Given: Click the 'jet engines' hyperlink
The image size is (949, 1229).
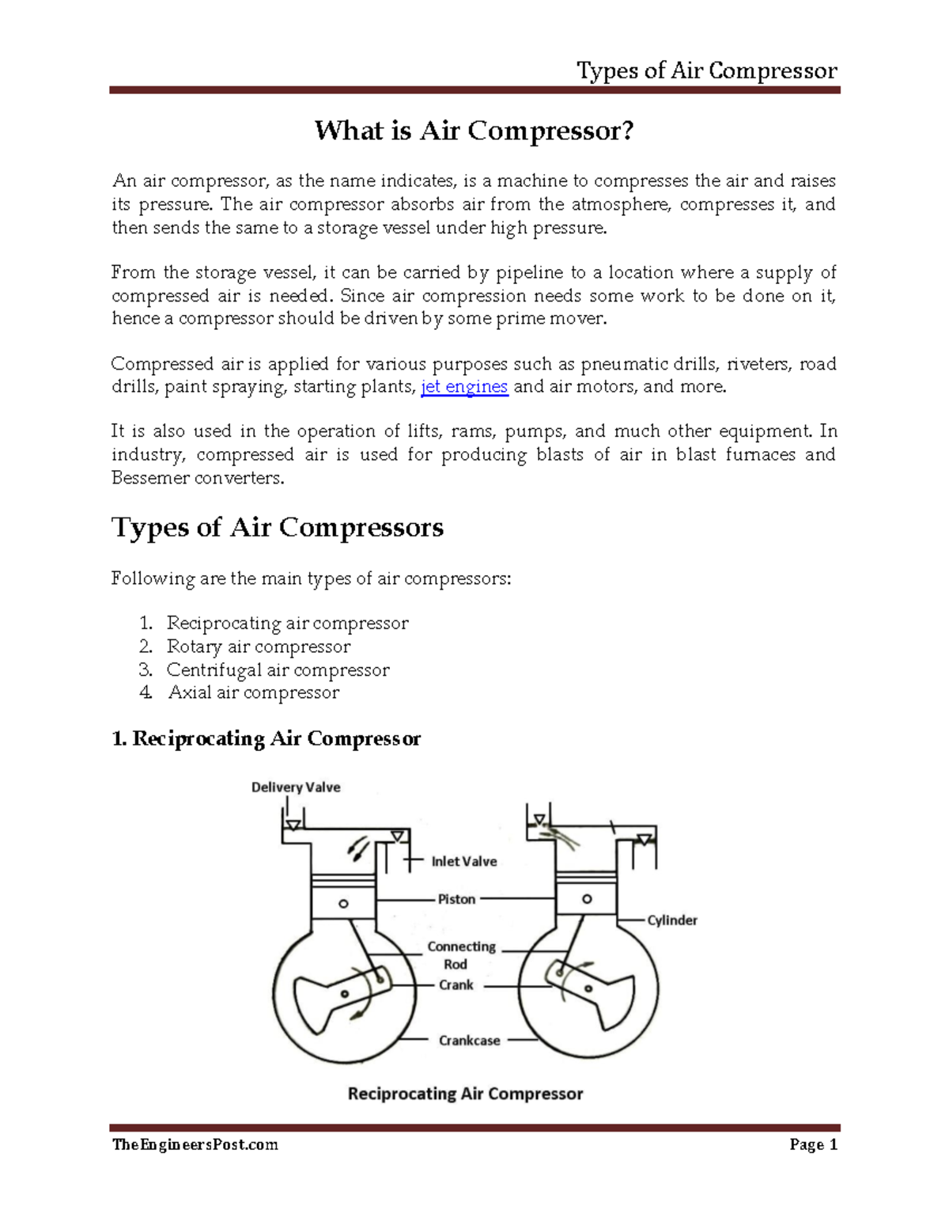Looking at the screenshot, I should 464,387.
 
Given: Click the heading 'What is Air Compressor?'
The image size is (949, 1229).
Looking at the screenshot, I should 474,131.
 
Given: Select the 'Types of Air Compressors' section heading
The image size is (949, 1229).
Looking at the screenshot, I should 277,527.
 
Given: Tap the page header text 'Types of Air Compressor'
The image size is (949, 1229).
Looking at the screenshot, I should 706,71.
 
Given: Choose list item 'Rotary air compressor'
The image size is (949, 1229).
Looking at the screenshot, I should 258,647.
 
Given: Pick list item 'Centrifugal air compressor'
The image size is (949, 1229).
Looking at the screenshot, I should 278,670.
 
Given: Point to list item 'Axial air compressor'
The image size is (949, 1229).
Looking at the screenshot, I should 254,692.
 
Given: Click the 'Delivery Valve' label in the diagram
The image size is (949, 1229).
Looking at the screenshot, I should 296,787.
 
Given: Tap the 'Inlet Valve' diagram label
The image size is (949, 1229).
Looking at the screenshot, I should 464,861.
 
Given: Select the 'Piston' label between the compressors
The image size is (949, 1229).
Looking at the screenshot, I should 457,899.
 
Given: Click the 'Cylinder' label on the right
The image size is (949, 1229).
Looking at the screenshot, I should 672,920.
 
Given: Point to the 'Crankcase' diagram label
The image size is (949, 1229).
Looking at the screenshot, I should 470,1041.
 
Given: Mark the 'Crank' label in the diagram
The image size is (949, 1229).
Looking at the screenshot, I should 456,985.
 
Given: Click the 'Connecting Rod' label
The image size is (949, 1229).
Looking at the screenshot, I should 461,955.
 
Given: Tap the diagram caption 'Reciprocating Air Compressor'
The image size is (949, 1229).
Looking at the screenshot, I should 465,1094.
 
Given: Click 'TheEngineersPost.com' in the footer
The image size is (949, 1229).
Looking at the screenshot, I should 195,1144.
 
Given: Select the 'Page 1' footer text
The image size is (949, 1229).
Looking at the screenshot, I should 813,1144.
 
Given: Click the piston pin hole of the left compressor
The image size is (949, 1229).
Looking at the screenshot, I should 343,904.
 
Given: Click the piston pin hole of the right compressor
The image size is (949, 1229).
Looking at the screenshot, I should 587,899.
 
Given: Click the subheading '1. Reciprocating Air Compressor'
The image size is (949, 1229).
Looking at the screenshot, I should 266,739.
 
